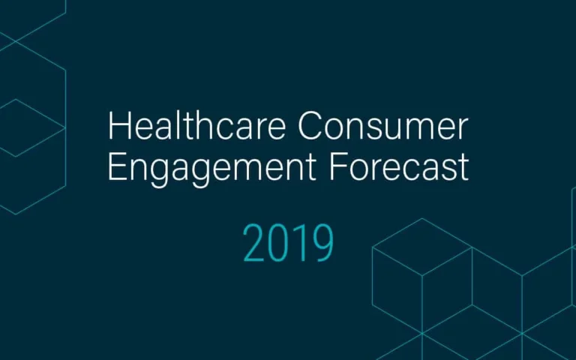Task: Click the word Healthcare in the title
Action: click(x=197, y=127)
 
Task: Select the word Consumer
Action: click(x=383, y=127)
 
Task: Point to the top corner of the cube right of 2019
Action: click(x=422, y=218)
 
